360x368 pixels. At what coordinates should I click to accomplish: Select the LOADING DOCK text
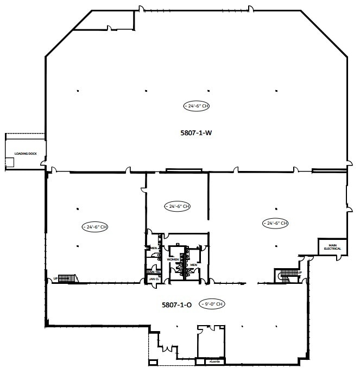[x=25, y=154]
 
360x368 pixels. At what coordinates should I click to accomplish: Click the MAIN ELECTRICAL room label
[x=332, y=247]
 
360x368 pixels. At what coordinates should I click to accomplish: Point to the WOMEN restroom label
[x=173, y=259]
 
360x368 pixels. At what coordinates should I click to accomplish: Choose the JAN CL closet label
[x=154, y=278]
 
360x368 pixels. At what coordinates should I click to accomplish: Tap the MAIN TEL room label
[x=153, y=272]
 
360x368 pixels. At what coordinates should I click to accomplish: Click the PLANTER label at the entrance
[x=211, y=361]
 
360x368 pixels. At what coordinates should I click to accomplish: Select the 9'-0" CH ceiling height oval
[x=212, y=304]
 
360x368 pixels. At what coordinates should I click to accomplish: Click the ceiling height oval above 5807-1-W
[x=197, y=106]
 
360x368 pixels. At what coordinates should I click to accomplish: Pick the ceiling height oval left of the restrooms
[x=95, y=226]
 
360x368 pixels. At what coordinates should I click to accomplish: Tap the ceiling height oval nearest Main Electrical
[x=275, y=223]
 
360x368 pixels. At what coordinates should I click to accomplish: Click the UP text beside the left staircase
[x=55, y=279]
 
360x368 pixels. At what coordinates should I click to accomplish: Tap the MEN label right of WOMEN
[x=193, y=265]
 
